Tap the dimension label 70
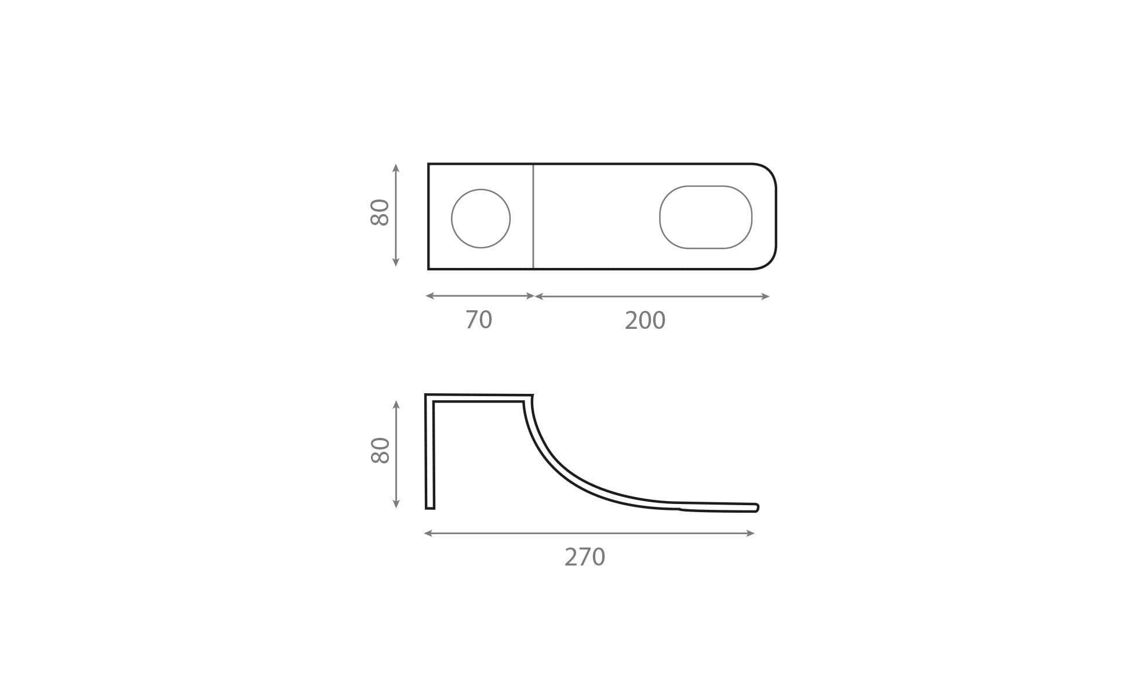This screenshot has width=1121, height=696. coord(479,320)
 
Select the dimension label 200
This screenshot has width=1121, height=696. coord(645,321)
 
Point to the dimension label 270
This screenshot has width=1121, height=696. coord(585,557)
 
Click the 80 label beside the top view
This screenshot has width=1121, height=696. coord(380,212)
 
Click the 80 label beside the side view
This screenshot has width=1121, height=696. coord(380,450)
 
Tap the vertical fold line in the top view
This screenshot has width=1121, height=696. coord(533,216)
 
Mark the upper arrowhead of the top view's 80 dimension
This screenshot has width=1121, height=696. coord(396,168)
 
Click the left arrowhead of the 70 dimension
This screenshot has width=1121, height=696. coord(430,296)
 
